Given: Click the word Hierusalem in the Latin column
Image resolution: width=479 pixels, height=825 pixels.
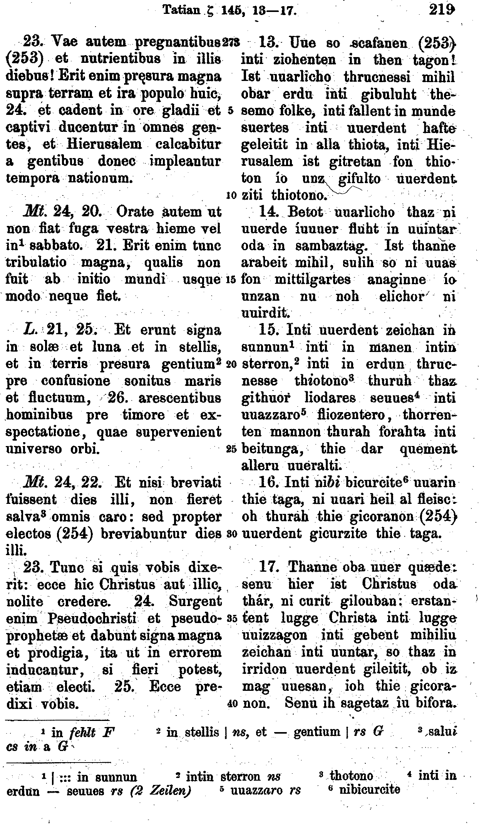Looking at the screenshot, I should pyautogui.click(x=104, y=144).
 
